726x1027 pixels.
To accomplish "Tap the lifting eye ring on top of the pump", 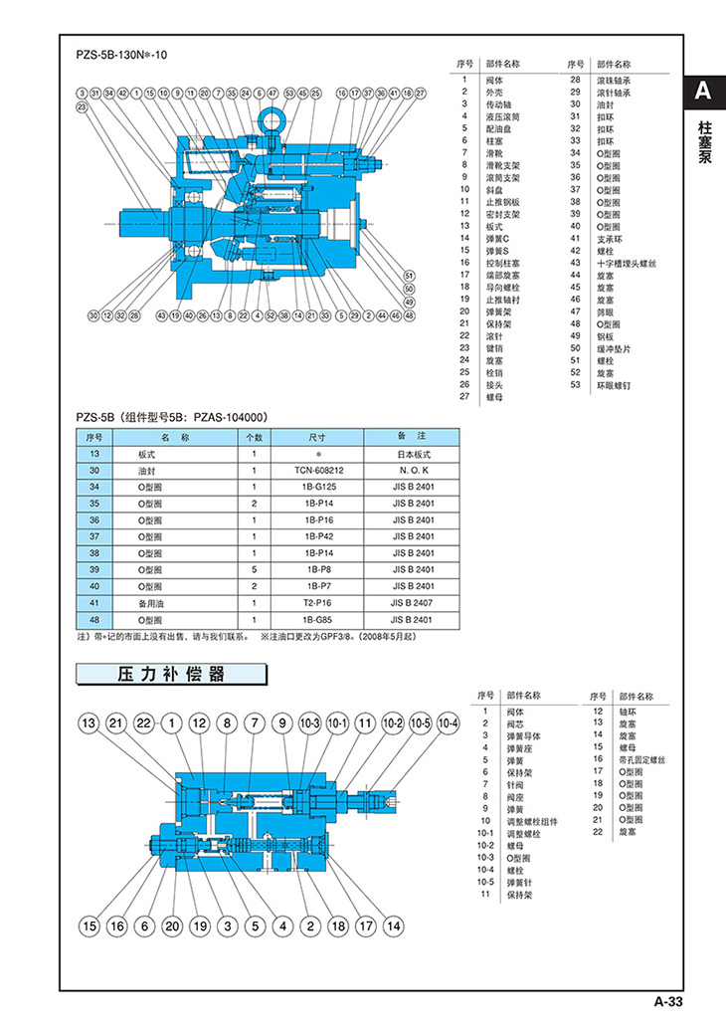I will coord(274,121).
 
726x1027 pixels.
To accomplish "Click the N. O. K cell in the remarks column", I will coord(412,469).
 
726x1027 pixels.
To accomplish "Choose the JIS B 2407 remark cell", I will coord(412,603).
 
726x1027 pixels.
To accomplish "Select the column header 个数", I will coord(254,436).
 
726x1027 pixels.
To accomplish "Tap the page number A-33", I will coord(665,1001).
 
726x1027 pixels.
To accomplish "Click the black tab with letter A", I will coord(703,93).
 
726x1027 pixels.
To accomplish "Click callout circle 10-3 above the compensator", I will coord(307,722).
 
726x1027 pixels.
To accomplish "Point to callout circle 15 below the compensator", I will coord(90,925).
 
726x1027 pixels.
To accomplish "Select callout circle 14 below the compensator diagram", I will coord(393,925).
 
